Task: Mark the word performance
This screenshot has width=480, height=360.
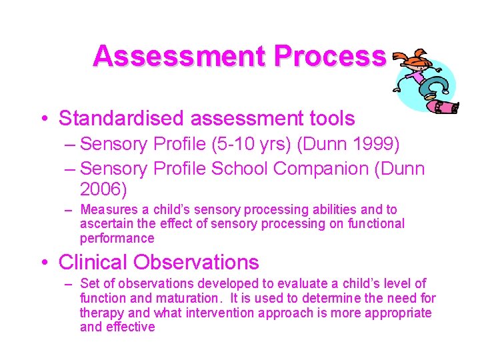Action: pyautogui.click(x=117, y=238)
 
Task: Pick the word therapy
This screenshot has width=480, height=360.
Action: pyautogui.click(x=101, y=313)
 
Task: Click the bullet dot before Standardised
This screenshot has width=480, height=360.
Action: pyautogui.click(x=42, y=119)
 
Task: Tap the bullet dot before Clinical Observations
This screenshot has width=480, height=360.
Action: pyautogui.click(x=42, y=263)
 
